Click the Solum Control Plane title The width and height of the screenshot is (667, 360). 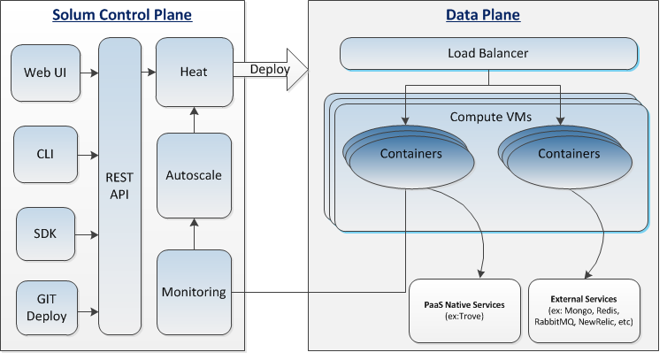pos(122,15)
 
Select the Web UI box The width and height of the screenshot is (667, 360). pos(45,72)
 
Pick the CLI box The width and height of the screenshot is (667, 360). pos(45,154)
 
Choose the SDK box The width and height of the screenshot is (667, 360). pos(45,234)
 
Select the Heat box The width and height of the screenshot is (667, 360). pos(193,71)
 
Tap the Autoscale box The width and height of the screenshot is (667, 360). pos(193,175)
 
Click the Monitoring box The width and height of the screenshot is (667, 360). pos(193,292)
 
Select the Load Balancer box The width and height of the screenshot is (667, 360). pos(487,54)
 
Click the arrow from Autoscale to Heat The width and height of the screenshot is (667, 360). pos(194,118)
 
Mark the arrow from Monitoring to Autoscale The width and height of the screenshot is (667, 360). pos(194,234)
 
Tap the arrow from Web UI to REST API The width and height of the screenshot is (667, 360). pos(89,72)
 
